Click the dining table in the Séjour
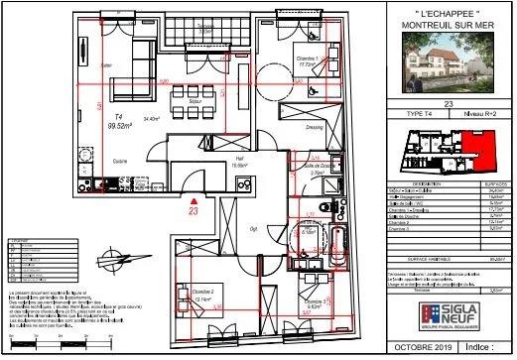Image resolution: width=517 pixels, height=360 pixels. [189, 99]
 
